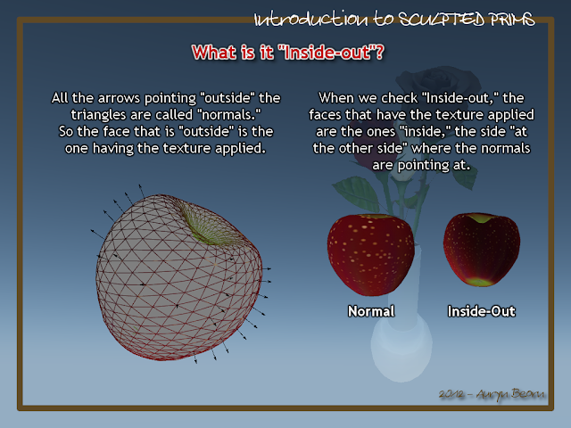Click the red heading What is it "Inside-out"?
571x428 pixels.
click(287, 53)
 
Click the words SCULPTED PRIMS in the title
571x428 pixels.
click(467, 20)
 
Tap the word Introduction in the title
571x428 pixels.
click(311, 20)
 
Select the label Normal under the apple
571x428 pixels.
click(371, 311)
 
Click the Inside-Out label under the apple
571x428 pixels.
click(482, 311)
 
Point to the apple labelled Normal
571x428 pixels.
click(371, 253)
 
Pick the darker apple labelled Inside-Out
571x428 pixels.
click(482, 250)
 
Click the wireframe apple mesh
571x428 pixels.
click(178, 277)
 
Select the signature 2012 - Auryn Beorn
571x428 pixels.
click(492, 394)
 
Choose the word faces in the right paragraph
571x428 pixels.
click(323, 115)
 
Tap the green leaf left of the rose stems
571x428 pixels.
click(357, 193)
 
